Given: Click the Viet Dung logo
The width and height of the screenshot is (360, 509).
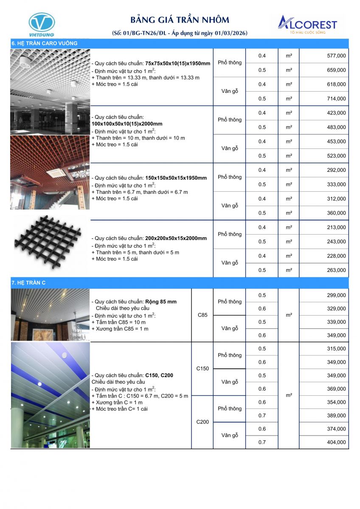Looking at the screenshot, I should [41, 25].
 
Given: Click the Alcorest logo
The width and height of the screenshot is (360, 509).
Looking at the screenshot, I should [307, 25].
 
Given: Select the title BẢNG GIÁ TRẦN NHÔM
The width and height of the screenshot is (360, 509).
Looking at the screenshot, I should [180, 20].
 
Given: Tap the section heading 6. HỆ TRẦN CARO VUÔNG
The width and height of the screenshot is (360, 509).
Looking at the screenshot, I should [45, 43].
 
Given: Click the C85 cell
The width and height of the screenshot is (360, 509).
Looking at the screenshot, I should [202, 315].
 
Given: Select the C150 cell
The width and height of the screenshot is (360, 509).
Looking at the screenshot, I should [202, 369].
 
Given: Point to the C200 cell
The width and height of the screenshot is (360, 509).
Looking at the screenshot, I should [202, 422].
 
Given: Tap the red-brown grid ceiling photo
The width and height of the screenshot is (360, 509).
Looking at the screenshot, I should [50, 170].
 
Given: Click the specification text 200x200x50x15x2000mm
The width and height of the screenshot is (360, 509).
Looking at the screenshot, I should [176, 238].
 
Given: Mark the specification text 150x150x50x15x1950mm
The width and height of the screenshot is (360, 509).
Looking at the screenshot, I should [176, 178].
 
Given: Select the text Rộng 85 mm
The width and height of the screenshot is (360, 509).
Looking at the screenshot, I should [161, 302].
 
